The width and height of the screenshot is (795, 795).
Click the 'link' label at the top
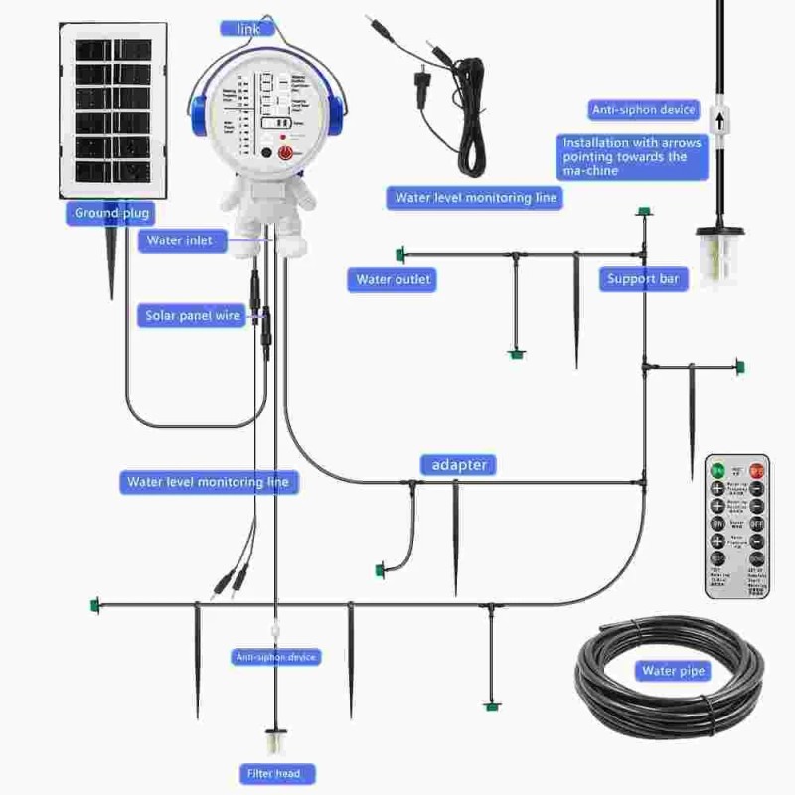coord(247,29)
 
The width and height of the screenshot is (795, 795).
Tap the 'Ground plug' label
coord(110,213)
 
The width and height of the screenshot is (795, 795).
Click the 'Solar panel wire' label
coord(194,315)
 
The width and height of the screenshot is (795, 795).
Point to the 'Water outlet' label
coord(394,279)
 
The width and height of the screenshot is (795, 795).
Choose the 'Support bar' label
coord(643,279)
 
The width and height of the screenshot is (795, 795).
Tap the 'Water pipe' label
coord(673,671)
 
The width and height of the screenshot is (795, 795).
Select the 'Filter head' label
coord(275,773)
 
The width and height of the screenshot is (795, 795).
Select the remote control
coord(737,526)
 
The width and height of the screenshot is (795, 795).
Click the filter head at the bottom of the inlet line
coord(275,742)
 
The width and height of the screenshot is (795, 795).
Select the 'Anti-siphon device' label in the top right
coord(643,109)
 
